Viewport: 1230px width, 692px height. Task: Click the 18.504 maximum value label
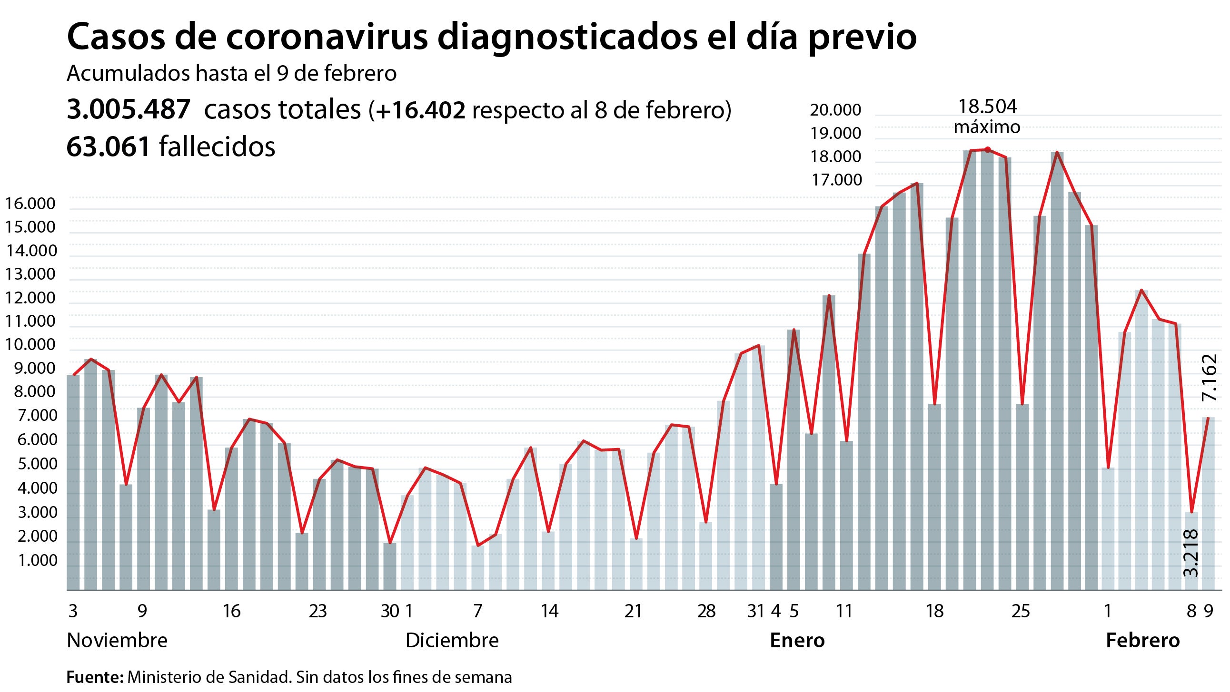coord(987,107)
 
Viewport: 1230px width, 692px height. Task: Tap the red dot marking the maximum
coord(987,149)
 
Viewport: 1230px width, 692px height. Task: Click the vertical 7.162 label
coord(1209,378)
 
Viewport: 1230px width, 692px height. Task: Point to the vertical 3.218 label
coord(1191,553)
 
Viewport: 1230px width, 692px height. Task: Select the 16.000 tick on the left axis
coord(30,204)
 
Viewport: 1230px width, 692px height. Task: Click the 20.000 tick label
coord(835,110)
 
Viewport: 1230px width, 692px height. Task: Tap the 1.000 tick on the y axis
coord(37,560)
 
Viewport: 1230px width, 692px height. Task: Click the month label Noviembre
coord(117,641)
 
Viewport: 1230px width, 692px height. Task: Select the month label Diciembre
coord(452,641)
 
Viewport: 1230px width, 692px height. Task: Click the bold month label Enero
coord(797,641)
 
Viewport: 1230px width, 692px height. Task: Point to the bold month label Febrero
coord(1142,641)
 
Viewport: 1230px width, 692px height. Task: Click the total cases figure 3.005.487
coord(129,109)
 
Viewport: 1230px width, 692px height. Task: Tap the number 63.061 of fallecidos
coord(109,146)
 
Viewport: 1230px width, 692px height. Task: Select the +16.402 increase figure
coord(420,110)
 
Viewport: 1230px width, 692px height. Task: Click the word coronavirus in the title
coord(327,37)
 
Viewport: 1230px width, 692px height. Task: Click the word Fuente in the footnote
coord(95,677)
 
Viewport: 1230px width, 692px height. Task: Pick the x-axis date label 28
coord(706,611)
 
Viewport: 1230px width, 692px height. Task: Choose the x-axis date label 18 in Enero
coord(934,611)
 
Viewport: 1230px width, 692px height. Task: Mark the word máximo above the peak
coord(987,127)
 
